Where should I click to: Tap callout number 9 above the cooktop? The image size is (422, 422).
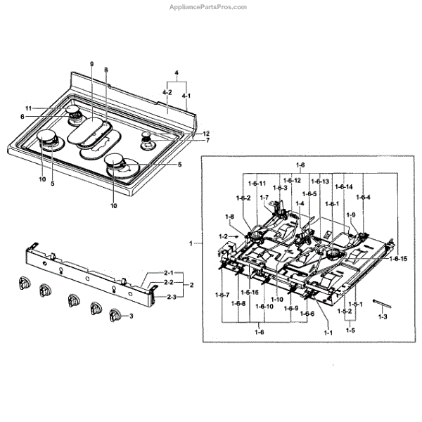point(91,64)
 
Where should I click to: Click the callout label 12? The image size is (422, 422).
point(206,134)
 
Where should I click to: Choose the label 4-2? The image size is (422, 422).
point(167,91)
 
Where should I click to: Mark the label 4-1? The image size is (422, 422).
point(186,95)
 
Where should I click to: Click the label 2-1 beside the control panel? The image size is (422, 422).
point(169,272)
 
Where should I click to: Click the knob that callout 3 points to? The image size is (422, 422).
point(115,318)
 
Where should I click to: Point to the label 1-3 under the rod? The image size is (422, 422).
point(383,318)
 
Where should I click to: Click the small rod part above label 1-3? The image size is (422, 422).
point(381,304)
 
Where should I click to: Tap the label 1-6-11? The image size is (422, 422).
point(258,184)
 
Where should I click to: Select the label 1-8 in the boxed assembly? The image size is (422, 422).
point(229,216)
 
